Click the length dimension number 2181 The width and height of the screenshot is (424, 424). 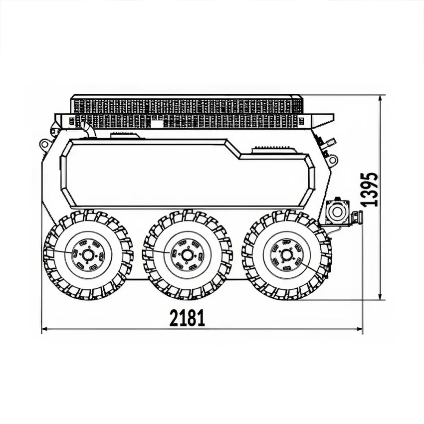(187, 318)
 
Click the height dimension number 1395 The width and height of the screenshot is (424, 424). (369, 189)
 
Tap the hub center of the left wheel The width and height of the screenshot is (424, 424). (87, 255)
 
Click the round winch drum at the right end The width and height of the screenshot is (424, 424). (337, 212)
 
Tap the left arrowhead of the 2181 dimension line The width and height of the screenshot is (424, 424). (44, 329)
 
